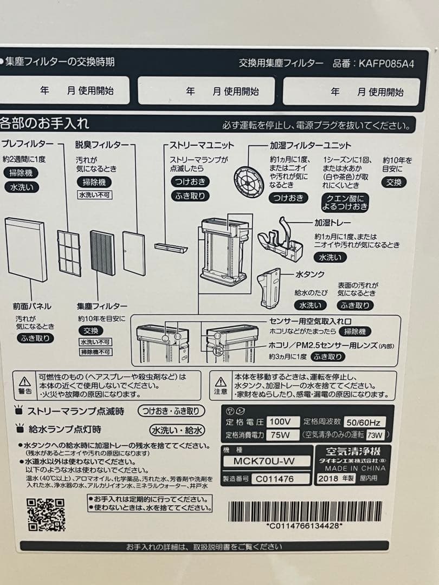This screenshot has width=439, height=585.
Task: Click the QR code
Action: [x=46, y=514]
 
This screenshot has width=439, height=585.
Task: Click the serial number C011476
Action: [x=275, y=479]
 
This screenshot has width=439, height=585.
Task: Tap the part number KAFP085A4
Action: [x=386, y=63]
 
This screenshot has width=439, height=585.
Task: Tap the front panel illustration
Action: [x=25, y=249]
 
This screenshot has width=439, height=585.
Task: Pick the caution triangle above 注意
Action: [x=221, y=381]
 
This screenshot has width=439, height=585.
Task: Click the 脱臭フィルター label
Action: [x=102, y=145]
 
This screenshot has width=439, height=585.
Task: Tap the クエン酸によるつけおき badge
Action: [x=345, y=202]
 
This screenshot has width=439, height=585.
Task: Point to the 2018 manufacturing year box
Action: [x=336, y=479]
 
